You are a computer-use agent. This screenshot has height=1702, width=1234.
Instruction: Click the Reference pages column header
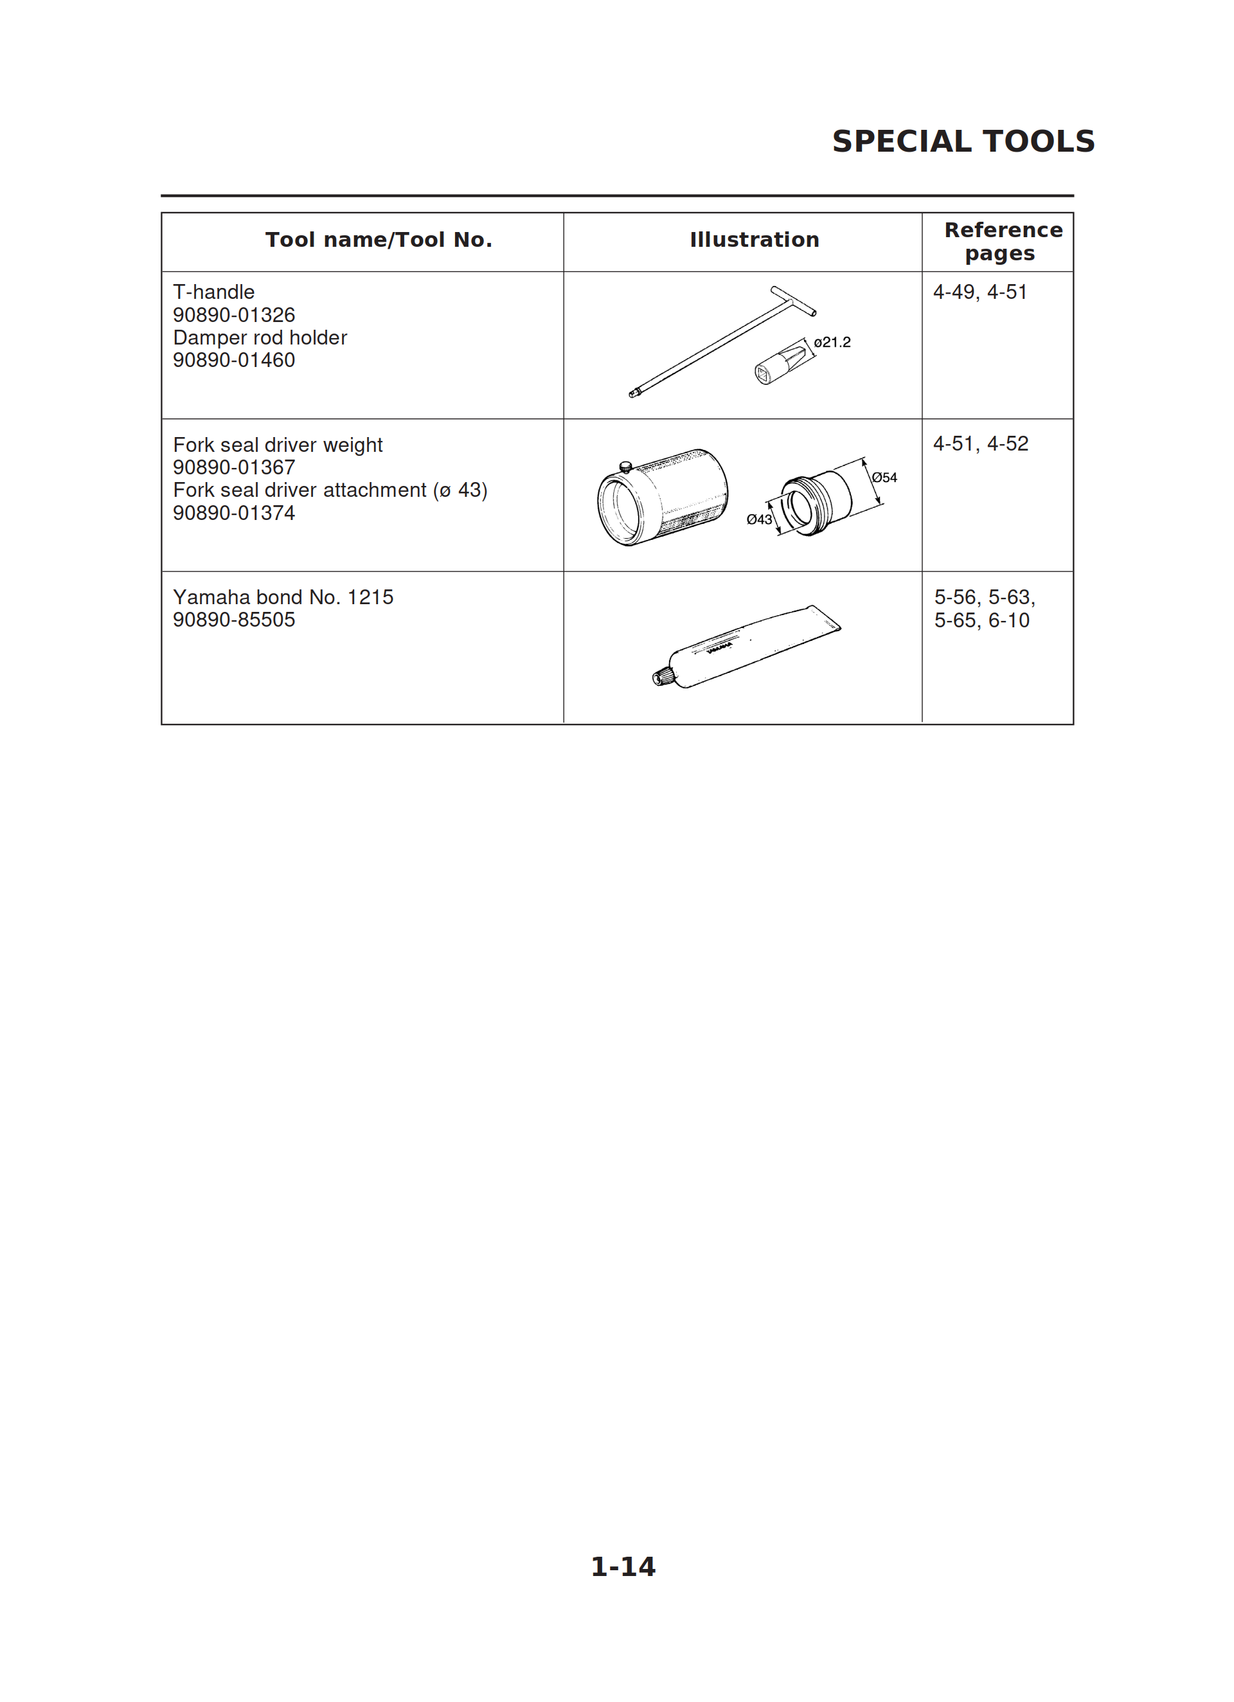pyautogui.click(x=1003, y=241)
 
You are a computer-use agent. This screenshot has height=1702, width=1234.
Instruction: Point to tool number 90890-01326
pyautogui.click(x=233, y=314)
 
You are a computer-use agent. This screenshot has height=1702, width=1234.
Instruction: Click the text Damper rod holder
pyautogui.click(x=260, y=337)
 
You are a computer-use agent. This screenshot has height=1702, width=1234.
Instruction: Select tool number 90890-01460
pyautogui.click(x=233, y=360)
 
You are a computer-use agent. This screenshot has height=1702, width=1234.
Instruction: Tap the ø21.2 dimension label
pyautogui.click(x=832, y=342)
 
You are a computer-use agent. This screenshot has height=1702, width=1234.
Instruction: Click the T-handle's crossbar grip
pyautogui.click(x=793, y=300)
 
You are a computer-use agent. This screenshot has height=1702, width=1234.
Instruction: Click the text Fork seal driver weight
pyautogui.click(x=278, y=445)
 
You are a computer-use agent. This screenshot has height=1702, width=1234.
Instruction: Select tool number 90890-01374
pyautogui.click(x=233, y=514)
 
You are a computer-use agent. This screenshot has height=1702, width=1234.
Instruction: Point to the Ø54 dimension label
pyautogui.click(x=884, y=478)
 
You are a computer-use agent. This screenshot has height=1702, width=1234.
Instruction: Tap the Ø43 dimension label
pyautogui.click(x=759, y=519)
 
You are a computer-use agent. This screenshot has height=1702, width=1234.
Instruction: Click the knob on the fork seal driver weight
pyautogui.click(x=625, y=467)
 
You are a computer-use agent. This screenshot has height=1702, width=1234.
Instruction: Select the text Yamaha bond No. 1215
pyautogui.click(x=283, y=597)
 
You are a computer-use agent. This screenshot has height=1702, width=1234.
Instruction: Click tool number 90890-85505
pyautogui.click(x=233, y=620)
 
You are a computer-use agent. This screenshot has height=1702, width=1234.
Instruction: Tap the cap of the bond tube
pyautogui.click(x=661, y=677)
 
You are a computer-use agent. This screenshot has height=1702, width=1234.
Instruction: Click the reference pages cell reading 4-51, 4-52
pyautogui.click(x=980, y=443)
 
